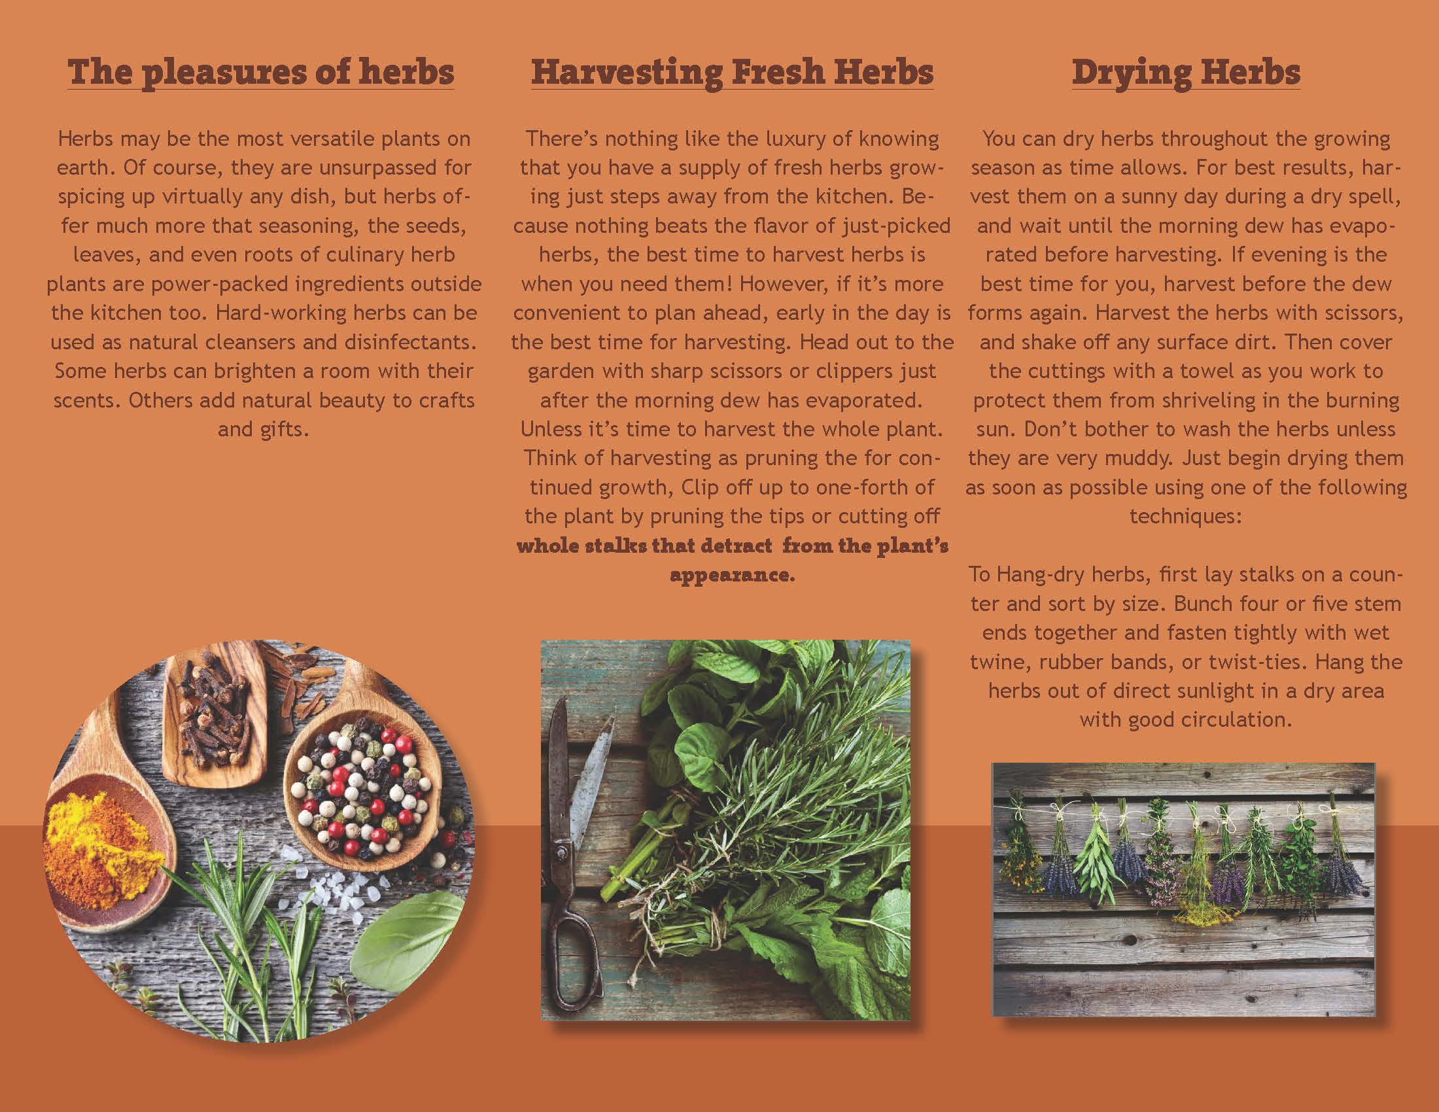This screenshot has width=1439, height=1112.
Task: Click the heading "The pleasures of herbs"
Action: [261, 73]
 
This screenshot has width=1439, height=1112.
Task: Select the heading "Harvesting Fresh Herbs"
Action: [732, 73]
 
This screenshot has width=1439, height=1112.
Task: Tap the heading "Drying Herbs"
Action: [1186, 73]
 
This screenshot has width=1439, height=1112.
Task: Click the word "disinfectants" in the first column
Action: [410, 342]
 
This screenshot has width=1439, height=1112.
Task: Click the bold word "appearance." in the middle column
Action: [732, 575]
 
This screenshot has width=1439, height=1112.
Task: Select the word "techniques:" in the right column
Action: [1186, 517]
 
